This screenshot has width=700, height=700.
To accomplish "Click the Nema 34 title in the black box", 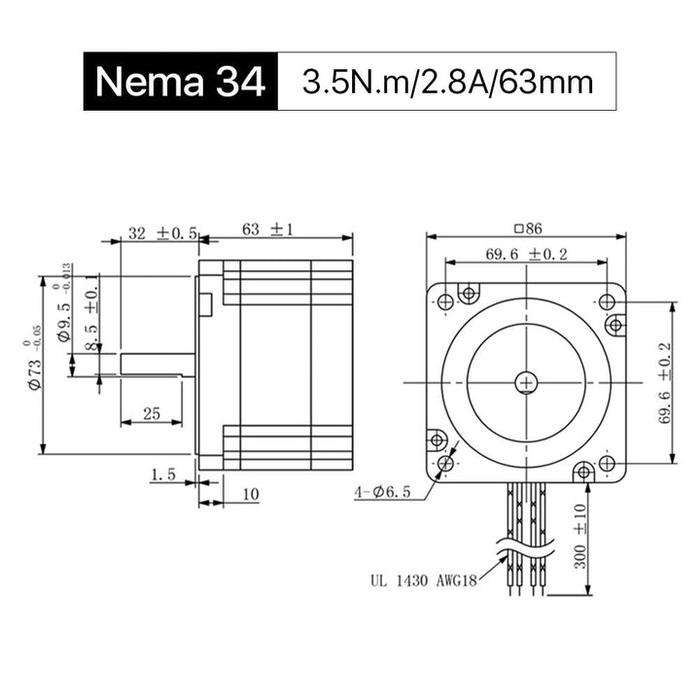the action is pos(181,82).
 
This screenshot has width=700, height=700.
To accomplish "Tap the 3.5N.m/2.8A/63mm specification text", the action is pos(448,82).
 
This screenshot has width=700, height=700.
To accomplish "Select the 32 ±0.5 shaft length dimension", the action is pos(162,232).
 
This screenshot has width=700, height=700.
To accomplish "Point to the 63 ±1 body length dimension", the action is pos(268,229).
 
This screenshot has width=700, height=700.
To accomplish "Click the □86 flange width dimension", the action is pos(528,228).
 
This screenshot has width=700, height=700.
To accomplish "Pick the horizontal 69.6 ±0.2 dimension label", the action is pos(526,254).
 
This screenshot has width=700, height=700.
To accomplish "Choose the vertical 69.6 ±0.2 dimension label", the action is pos(665,383).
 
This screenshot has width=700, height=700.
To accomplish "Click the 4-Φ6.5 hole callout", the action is pos(382,492).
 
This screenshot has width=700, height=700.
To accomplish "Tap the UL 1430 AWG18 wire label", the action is pos(424,580).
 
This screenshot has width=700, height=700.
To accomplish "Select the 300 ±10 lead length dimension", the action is pos(580,536).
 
